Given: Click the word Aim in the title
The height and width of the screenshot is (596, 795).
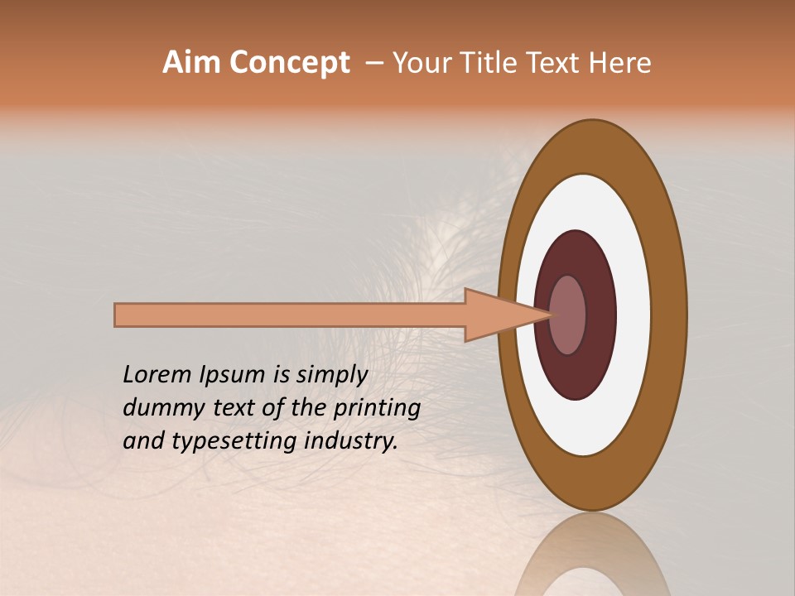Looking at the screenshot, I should (x=193, y=63).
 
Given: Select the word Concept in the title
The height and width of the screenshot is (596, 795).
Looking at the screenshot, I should (x=290, y=64).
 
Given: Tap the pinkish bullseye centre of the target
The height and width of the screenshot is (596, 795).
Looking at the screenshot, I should (x=568, y=315).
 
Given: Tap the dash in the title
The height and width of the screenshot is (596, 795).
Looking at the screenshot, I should (x=373, y=64).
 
